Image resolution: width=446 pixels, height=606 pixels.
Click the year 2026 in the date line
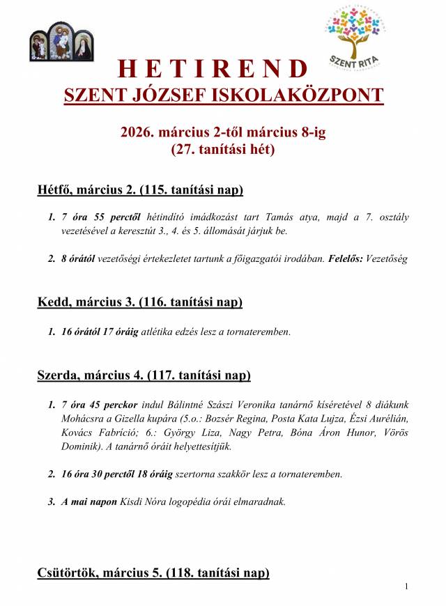137,132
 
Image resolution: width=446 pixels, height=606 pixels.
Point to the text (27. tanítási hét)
223,149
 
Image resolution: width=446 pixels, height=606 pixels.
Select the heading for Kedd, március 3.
139,302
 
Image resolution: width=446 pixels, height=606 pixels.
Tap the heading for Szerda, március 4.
144,375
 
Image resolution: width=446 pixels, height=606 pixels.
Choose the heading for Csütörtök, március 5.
153,573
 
